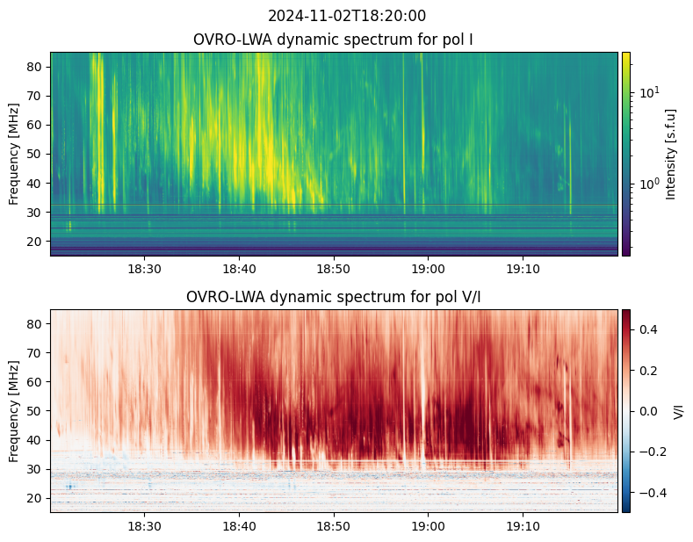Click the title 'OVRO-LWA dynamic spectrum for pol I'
pyautogui.click(x=334, y=40)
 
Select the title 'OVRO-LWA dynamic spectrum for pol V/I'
pyautogui.click(x=334, y=297)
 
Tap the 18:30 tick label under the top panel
pyautogui.click(x=144, y=268)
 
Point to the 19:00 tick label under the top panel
pyautogui.click(x=428, y=268)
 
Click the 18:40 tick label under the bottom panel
pyautogui.click(x=239, y=525)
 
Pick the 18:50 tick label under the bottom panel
pyautogui.click(x=334, y=525)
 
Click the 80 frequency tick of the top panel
pyautogui.click(x=36, y=67)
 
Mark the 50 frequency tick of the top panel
pyautogui.click(x=36, y=154)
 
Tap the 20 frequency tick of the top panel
pyautogui.click(x=36, y=241)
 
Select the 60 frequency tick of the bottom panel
pyautogui.click(x=36, y=382)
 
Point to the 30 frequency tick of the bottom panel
pyautogui.click(x=36, y=469)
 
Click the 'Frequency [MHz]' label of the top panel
pyautogui.click(x=14, y=154)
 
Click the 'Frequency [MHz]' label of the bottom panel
pyautogui.click(x=14, y=411)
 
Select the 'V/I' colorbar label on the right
pyautogui.click(x=679, y=411)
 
